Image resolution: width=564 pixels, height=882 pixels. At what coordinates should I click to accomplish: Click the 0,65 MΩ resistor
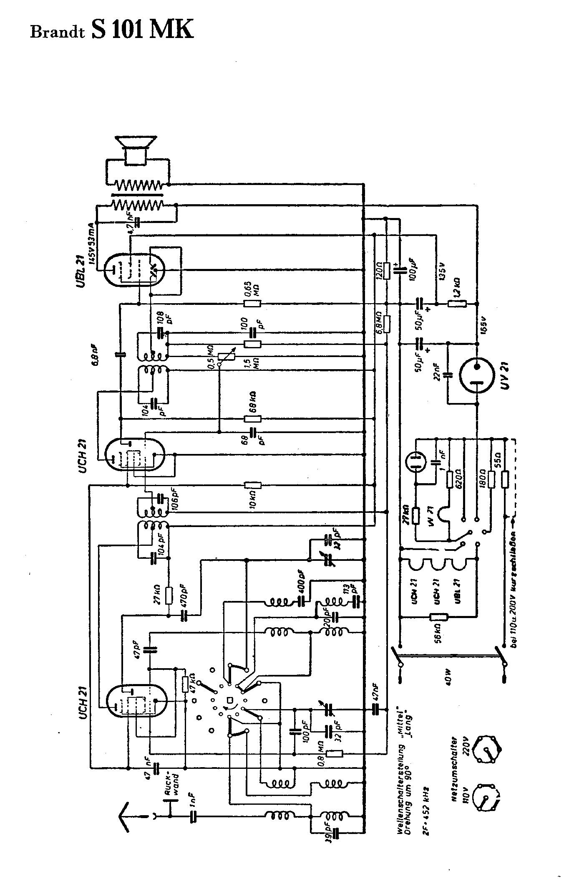253,304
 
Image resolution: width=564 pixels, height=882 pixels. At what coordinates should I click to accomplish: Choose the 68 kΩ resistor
253,419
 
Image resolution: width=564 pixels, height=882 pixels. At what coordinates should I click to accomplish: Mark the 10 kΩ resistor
253,485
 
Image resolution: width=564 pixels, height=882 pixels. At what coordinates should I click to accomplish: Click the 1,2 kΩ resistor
457,304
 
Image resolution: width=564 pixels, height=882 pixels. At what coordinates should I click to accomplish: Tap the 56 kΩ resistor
438,617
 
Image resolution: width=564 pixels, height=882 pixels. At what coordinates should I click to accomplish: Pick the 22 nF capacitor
448,375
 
